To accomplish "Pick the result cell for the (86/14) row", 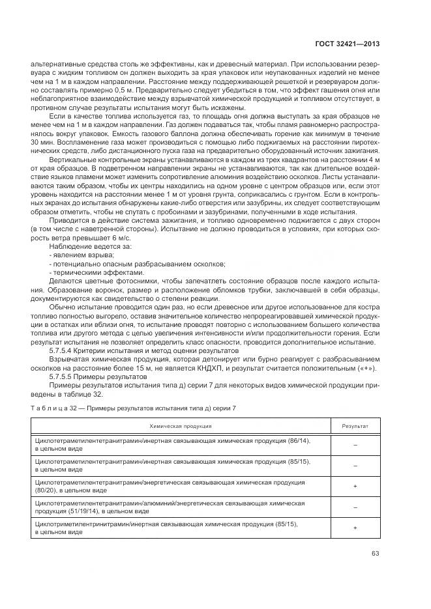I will [355, 445].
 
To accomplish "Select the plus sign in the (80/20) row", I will [355, 486].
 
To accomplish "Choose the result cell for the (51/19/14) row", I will [355, 507].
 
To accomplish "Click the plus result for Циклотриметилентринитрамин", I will [355, 528].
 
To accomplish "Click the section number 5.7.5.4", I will [64, 350].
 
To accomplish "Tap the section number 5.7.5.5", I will [64, 376].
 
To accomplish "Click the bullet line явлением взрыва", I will [74, 255].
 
